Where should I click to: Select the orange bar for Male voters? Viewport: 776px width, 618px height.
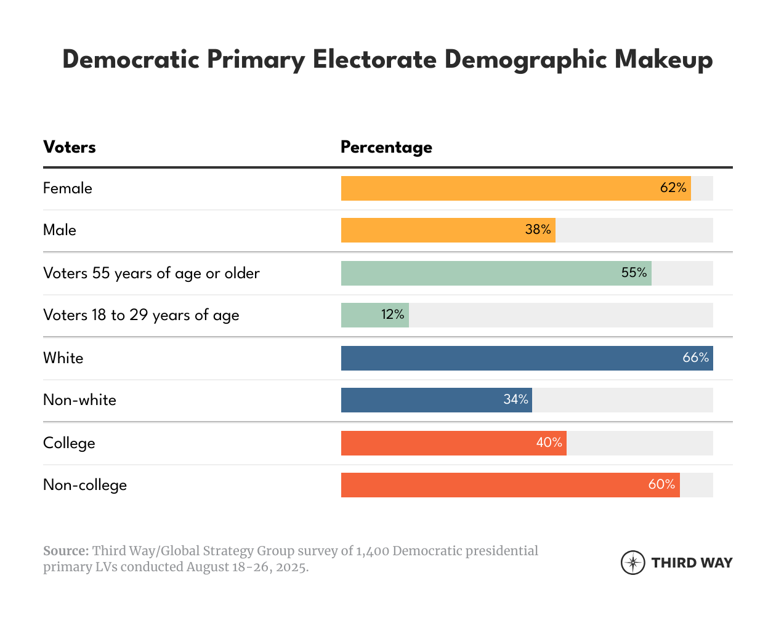click(x=431, y=230)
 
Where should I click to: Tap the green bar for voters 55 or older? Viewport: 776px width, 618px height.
click(x=480, y=273)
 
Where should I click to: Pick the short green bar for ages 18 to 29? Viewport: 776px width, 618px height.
click(x=360, y=315)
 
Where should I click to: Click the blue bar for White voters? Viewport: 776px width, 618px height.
click(x=505, y=358)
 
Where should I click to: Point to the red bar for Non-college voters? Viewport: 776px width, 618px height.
click(x=493, y=485)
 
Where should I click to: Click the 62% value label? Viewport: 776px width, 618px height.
click(x=673, y=188)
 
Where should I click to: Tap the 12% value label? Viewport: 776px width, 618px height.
click(x=392, y=315)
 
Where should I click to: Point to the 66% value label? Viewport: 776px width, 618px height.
click(x=696, y=358)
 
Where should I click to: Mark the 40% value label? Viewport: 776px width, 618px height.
click(x=549, y=443)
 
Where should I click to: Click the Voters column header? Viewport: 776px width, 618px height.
click(x=70, y=147)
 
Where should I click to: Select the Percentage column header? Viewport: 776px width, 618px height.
click(x=386, y=148)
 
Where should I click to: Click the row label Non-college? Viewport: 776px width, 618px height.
click(x=85, y=485)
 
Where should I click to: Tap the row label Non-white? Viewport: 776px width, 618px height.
click(x=79, y=400)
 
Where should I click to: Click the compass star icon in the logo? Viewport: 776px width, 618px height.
click(x=633, y=563)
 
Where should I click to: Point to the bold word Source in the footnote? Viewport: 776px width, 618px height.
click(x=65, y=551)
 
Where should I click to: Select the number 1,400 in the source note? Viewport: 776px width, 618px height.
click(x=372, y=551)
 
